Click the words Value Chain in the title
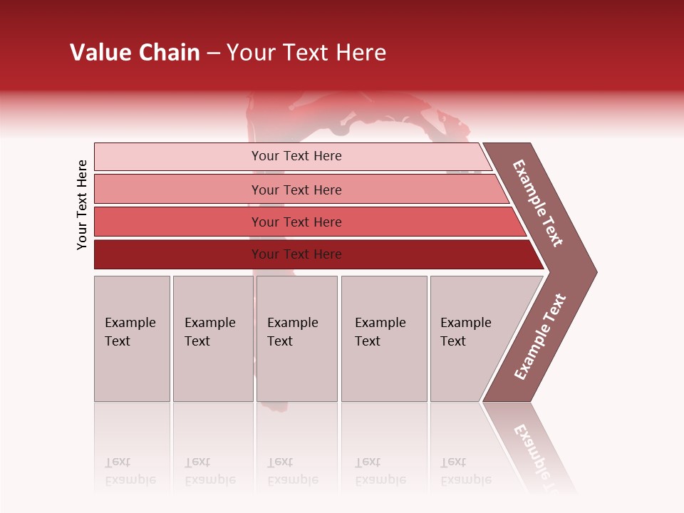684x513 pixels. [135, 53]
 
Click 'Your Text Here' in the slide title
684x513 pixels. [306, 53]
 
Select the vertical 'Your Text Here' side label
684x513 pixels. [82, 204]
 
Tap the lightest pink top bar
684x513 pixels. [178, 156]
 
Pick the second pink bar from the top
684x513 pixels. [178, 190]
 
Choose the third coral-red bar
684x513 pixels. [178, 222]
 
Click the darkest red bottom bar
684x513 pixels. [178, 254]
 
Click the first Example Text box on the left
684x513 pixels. [132, 338]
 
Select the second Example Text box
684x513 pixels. [212, 338]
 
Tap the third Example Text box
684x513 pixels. [296, 338]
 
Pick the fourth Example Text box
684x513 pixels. [384, 338]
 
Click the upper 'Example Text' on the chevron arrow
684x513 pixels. [539, 203]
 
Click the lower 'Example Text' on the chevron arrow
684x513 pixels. [540, 336]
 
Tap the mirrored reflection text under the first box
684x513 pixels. [130, 471]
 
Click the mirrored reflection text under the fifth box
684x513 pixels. [465, 471]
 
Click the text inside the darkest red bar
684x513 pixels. [296, 254]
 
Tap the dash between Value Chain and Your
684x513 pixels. [213, 53]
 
